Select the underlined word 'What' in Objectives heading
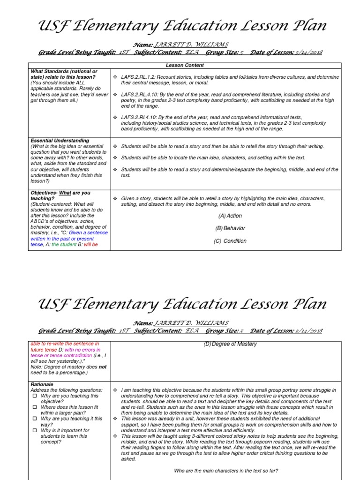point(65,193)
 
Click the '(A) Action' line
point(230,216)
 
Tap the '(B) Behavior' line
point(230,228)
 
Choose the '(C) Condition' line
point(230,241)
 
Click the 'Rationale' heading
point(42,384)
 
